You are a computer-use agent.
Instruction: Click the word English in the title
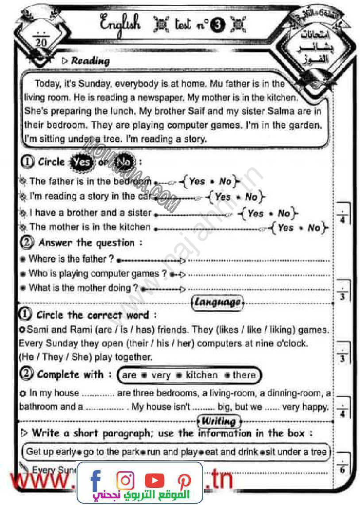120,23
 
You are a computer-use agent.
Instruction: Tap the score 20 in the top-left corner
41,43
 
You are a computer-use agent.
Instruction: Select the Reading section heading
90,61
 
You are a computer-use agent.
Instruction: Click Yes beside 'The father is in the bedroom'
197,181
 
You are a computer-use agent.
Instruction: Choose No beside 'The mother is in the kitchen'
314,228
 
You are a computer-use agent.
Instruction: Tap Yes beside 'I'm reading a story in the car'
223,196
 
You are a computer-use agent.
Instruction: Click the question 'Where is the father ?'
71,259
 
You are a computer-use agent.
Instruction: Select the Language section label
217,303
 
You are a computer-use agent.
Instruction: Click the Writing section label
218,421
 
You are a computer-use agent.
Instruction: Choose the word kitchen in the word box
201,375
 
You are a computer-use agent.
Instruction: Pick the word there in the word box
244,375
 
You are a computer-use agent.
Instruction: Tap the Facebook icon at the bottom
95,480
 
